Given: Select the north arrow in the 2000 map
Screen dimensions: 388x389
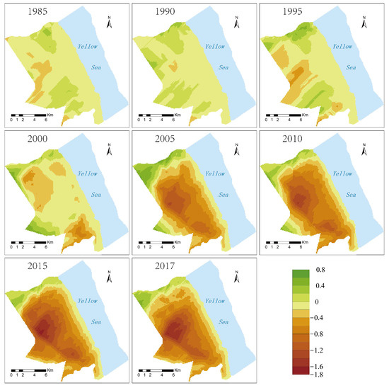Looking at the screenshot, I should pyautogui.click(x=110, y=149).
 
